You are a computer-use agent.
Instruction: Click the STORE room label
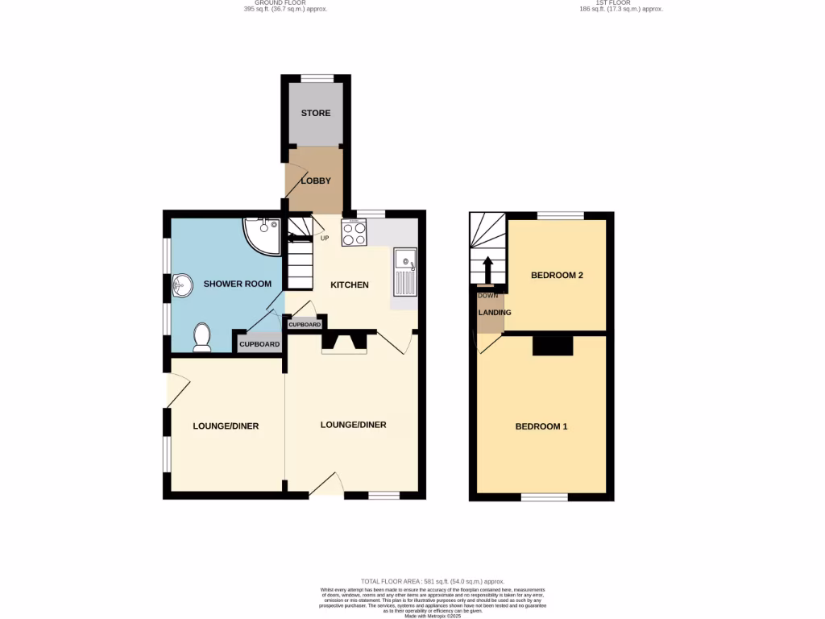click(x=316, y=113)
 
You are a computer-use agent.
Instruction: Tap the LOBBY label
click(x=316, y=181)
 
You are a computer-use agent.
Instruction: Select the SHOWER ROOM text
click(x=237, y=284)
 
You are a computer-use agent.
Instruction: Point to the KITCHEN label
click(x=350, y=285)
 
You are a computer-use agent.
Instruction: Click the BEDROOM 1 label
click(x=541, y=426)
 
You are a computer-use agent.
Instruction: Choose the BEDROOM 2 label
click(x=557, y=275)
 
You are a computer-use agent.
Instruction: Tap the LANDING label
click(x=494, y=313)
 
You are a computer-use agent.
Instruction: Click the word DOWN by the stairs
click(x=488, y=296)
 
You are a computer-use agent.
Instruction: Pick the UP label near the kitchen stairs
click(x=325, y=238)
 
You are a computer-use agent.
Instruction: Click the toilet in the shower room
click(x=201, y=337)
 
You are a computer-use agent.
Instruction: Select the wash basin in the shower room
click(x=181, y=285)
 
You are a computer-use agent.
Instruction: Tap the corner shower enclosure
click(x=262, y=235)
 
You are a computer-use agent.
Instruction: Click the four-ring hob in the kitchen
click(x=354, y=234)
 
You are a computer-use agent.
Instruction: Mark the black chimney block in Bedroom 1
click(x=553, y=346)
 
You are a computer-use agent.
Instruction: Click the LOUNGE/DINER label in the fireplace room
click(x=353, y=425)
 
